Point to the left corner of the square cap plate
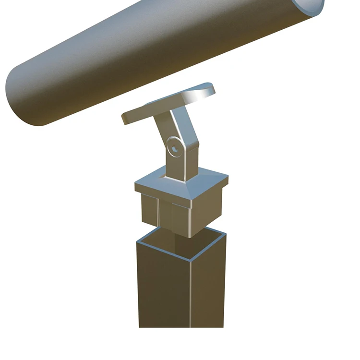(x=136, y=185)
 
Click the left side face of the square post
(x=163, y=293)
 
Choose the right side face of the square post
(x=209, y=288)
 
